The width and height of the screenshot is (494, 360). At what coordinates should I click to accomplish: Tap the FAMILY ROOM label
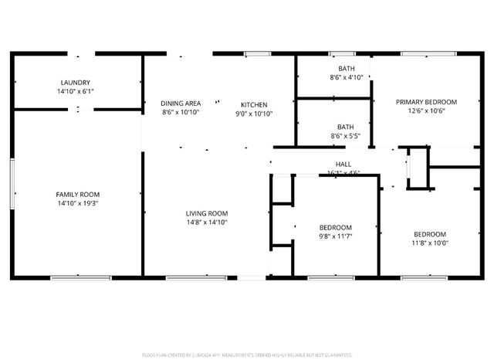click(x=77, y=194)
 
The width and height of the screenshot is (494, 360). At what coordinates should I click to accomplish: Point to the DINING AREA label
click(x=181, y=104)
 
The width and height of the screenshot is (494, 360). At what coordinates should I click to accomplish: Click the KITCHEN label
click(x=253, y=104)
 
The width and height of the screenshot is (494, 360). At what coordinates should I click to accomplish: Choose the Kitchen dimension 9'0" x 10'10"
click(x=253, y=114)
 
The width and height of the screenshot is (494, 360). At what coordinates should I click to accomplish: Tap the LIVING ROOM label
click(x=206, y=213)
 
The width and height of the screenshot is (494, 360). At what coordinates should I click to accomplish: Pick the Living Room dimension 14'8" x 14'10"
click(x=206, y=222)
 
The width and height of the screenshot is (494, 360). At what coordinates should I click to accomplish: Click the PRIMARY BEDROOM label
click(x=426, y=101)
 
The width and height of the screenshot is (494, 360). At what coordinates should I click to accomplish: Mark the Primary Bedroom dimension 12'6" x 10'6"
click(x=426, y=110)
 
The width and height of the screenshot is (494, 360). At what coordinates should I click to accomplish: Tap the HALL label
click(x=343, y=164)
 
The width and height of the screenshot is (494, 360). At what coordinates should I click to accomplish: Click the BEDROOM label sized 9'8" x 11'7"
click(x=335, y=227)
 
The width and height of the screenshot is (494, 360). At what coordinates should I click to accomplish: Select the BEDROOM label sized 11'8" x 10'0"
click(x=428, y=234)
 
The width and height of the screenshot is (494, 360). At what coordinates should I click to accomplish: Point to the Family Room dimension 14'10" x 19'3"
click(x=77, y=203)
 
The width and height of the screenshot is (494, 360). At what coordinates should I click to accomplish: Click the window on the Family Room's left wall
click(x=12, y=182)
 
